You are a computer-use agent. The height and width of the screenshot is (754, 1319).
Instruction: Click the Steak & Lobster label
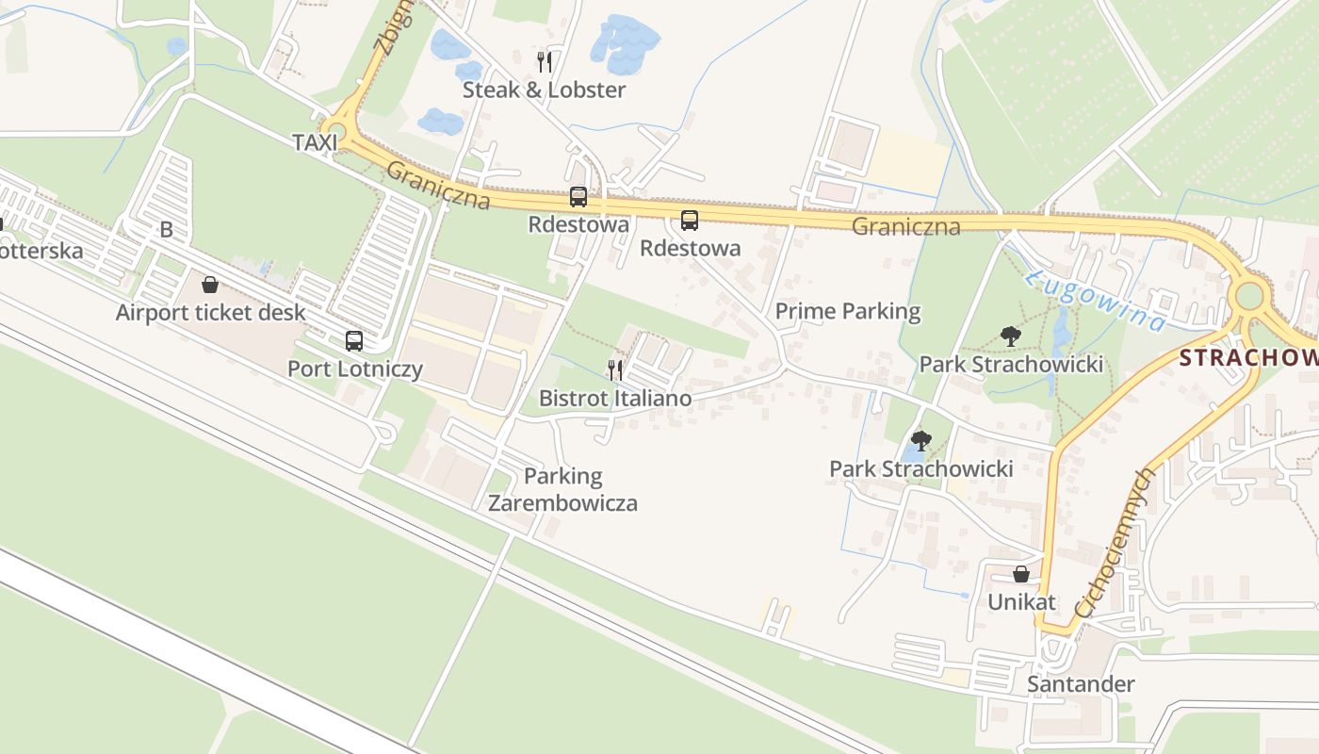coord(544,90)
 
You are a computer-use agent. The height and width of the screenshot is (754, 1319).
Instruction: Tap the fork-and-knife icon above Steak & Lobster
coord(544,62)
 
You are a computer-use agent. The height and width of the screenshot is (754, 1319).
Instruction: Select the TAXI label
coord(315,142)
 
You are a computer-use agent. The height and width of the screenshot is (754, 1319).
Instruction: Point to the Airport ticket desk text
coord(210,313)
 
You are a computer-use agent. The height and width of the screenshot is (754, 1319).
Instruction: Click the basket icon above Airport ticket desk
coord(210,285)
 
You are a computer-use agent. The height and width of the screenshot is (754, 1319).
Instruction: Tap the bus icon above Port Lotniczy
coord(354,341)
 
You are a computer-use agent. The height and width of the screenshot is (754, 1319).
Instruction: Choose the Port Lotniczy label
coord(354,369)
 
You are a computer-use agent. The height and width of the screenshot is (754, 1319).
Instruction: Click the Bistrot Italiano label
coord(614,399)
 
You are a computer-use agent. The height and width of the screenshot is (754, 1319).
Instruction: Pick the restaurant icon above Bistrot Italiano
coord(615,369)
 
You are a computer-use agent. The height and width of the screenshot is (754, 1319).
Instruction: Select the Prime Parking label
coord(847,311)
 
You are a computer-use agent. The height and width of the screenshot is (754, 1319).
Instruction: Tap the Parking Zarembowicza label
coord(562,489)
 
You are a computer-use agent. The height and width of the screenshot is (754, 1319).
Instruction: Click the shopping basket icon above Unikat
coord(1021,574)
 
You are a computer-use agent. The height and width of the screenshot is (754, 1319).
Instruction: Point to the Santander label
coord(1081,684)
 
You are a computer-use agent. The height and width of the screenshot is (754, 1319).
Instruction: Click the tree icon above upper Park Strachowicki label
coord(1011,336)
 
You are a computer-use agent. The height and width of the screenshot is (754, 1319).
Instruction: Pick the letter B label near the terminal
coord(167,230)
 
